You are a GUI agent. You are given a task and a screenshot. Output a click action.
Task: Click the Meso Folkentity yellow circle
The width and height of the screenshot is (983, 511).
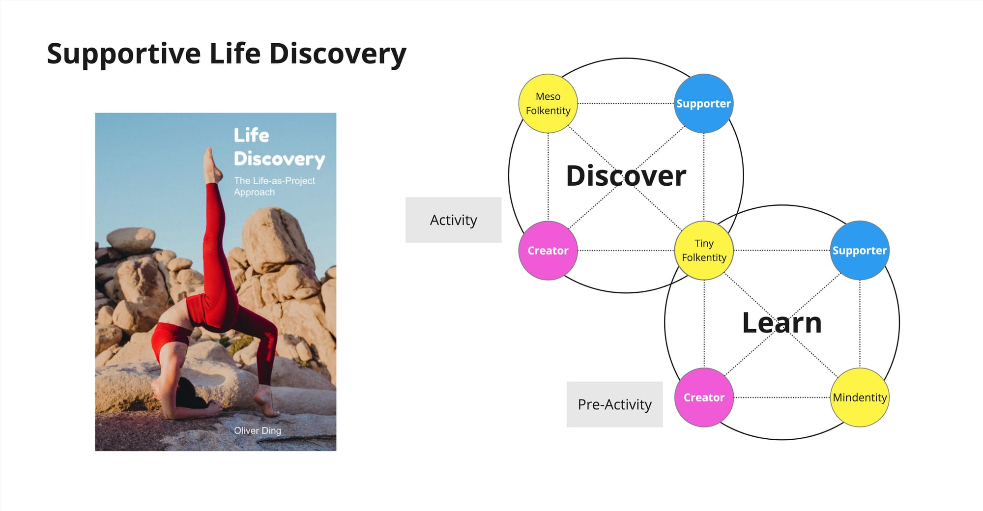point(548,104)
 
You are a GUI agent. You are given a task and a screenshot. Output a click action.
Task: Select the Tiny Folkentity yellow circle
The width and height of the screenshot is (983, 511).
point(704,251)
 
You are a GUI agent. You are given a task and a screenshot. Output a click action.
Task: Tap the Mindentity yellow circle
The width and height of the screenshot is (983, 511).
point(860,397)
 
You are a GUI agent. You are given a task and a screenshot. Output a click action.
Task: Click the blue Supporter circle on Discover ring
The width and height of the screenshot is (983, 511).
point(703,104)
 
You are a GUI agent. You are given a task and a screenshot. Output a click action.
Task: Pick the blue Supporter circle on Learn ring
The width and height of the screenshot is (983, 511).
point(860,251)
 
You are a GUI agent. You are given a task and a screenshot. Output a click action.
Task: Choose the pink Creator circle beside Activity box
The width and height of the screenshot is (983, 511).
point(548,251)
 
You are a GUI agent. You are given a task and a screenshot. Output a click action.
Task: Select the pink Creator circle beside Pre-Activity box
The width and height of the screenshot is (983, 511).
point(704,397)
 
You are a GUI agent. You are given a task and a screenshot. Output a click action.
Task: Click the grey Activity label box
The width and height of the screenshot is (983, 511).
point(453,220)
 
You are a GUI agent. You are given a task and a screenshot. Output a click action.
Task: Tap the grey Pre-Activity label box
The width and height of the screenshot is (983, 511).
point(614,404)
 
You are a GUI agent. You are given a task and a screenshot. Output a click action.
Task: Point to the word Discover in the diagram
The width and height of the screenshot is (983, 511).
point(626,176)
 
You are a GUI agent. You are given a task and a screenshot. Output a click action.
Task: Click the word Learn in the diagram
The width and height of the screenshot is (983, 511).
point(781,323)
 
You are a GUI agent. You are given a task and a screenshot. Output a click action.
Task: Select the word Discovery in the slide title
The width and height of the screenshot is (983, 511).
point(338,54)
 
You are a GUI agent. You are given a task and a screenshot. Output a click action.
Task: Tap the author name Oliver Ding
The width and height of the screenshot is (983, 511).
point(258,430)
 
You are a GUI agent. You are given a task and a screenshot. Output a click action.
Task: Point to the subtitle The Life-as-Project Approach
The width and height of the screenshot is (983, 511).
point(274,186)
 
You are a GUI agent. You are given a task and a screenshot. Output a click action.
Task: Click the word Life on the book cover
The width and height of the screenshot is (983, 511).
point(251,135)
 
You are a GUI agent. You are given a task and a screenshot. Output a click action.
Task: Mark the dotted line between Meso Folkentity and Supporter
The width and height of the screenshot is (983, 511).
point(626,104)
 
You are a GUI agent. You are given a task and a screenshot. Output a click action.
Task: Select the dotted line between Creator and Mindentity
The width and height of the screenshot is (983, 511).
point(781,397)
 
